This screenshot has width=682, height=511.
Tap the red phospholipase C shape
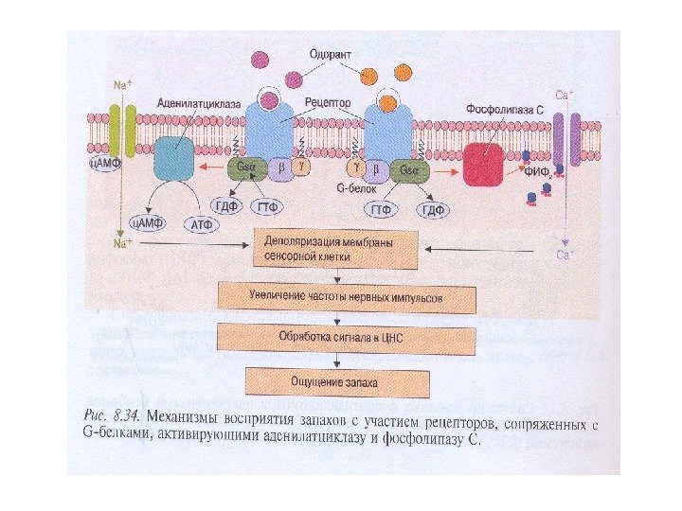[x=483, y=165]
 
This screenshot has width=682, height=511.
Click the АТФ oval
[x=204, y=224]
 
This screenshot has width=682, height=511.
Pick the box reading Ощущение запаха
[x=336, y=381]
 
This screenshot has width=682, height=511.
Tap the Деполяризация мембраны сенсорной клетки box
[x=335, y=249]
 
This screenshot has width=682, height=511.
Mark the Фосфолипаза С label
[x=504, y=110]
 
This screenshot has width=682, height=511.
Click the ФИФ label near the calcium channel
[x=536, y=170]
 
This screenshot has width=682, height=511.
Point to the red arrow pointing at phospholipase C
[x=447, y=171]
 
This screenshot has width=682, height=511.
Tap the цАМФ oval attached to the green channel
[x=104, y=163]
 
